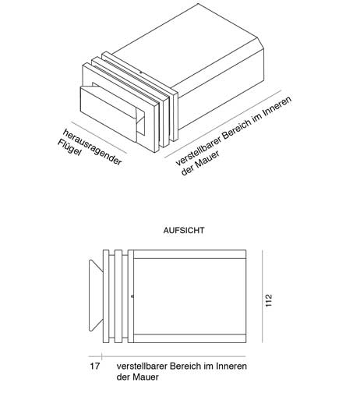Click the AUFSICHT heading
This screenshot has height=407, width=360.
184,230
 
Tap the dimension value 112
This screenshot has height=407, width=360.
269,300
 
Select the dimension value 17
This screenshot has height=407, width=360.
95,366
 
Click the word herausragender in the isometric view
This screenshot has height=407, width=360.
92,147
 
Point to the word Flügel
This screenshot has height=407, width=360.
69,147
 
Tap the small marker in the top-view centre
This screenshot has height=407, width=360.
132,296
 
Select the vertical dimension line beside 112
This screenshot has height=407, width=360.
263,296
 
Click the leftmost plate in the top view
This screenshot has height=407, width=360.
106,296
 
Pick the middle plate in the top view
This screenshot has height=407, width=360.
118,296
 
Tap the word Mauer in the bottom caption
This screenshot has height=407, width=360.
146,377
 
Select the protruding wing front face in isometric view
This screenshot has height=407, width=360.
108,115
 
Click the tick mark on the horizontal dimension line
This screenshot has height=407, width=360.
101,356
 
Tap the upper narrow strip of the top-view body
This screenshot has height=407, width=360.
190,254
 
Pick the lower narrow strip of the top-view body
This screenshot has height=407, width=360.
190,338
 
